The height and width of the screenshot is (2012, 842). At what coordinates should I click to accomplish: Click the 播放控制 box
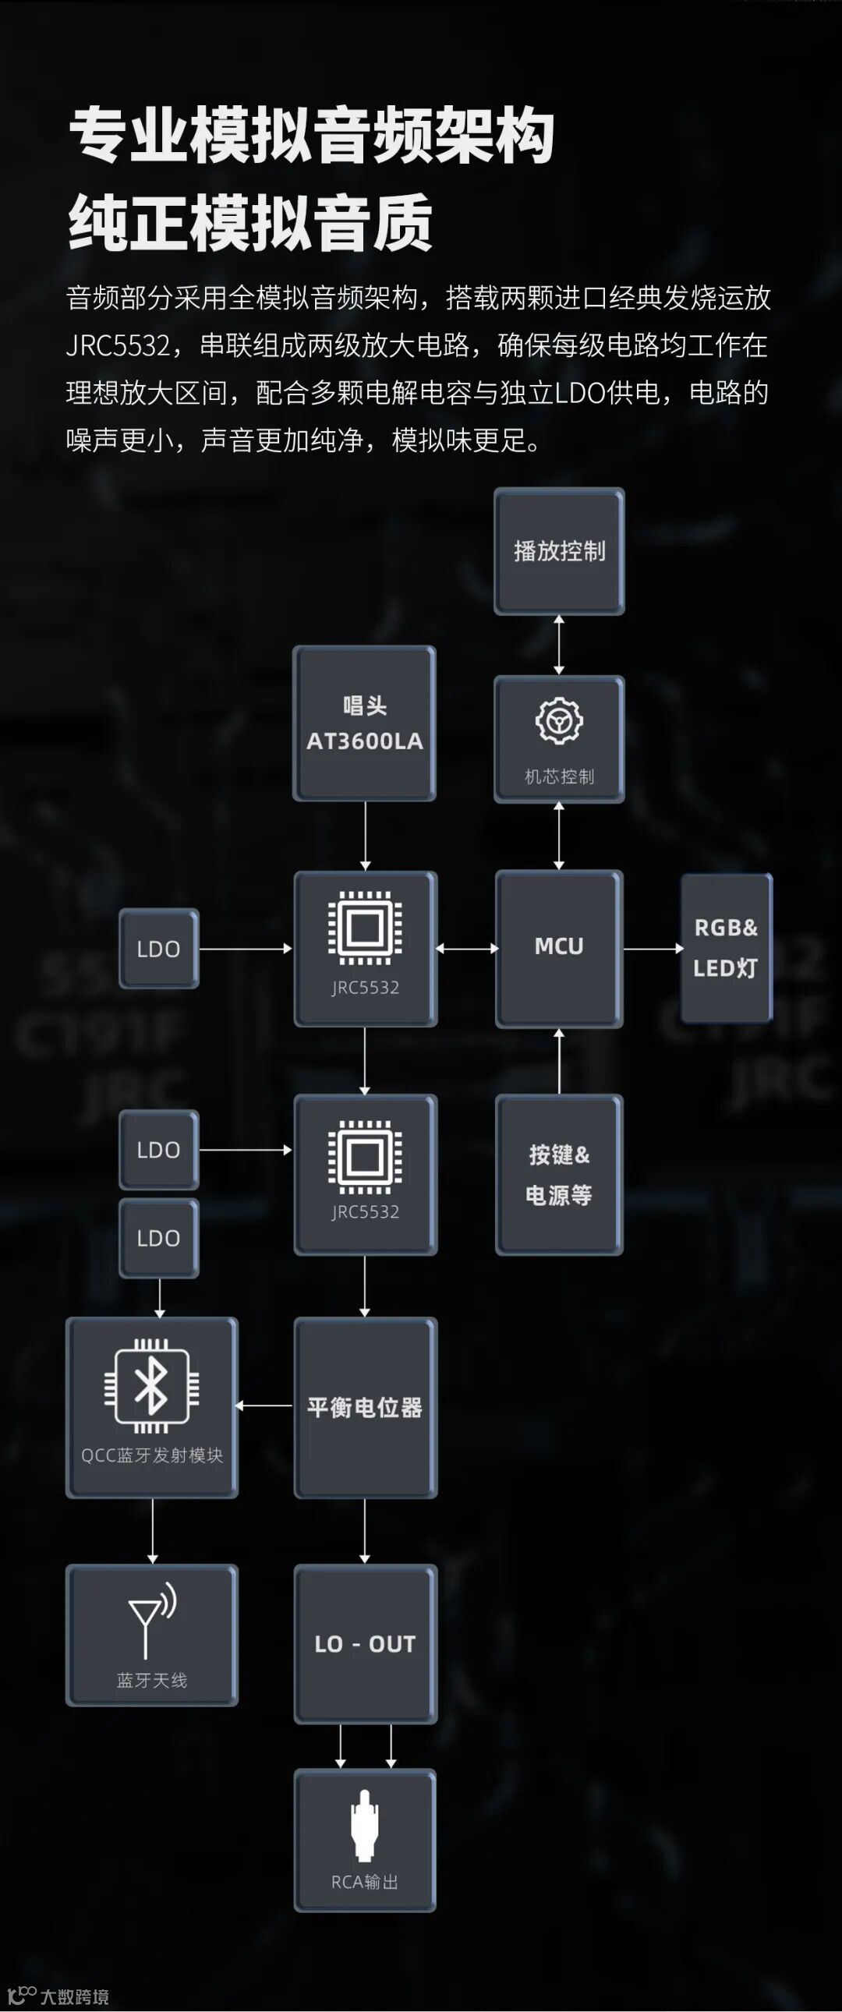click(558, 550)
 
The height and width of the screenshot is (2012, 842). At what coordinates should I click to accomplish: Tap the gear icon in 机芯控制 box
click(558, 720)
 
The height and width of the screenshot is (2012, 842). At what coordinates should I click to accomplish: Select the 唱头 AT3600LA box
click(364, 723)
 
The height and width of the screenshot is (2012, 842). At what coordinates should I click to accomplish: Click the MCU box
click(558, 946)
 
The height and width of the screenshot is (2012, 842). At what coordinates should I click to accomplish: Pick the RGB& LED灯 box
click(726, 948)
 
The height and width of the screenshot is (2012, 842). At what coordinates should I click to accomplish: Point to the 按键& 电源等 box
click(558, 1174)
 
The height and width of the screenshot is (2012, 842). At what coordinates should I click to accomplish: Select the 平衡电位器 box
click(365, 1407)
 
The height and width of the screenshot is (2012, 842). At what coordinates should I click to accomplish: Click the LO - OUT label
click(365, 1644)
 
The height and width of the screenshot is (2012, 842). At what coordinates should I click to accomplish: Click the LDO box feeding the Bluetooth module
click(158, 1238)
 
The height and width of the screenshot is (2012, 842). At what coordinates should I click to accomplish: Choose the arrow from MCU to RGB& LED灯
click(653, 948)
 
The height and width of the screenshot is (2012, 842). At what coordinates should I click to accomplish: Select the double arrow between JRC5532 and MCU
click(466, 948)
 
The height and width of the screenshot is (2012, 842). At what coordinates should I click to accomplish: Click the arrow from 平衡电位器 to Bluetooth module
click(265, 1405)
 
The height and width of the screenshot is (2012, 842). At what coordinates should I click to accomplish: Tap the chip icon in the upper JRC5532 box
click(365, 928)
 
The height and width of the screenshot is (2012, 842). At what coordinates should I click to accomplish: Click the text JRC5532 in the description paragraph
click(118, 345)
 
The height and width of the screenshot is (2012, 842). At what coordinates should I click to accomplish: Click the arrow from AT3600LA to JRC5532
click(365, 836)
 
